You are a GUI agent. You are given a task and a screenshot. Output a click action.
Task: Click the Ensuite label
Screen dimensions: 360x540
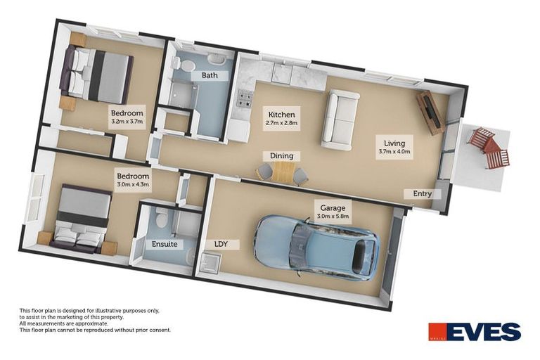[x=164, y=245]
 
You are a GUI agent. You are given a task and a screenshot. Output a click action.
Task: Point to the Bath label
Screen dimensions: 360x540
[x=209, y=75]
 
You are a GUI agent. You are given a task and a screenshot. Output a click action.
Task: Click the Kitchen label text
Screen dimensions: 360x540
[x=282, y=114]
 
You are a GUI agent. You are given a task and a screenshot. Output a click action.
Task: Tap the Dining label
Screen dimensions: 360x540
[x=281, y=155]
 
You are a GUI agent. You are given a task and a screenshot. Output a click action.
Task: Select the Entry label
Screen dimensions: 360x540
[x=422, y=193]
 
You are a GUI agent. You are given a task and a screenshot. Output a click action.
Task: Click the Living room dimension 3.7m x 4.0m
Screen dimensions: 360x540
[x=394, y=150]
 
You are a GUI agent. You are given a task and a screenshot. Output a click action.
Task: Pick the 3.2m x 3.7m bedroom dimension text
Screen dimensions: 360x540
[x=127, y=122]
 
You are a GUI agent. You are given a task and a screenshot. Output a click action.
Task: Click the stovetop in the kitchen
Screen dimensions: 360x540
[x=245, y=100]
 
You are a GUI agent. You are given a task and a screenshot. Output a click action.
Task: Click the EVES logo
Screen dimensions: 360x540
[x=475, y=332]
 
